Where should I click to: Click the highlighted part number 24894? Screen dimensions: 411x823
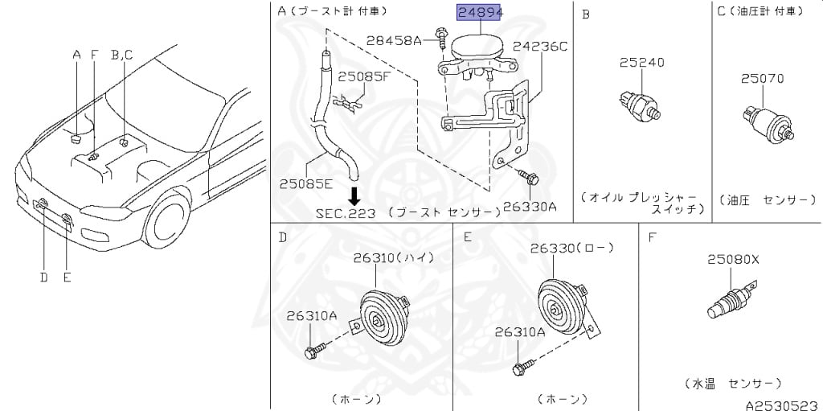click(480, 13)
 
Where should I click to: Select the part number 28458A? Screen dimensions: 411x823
click(394, 39)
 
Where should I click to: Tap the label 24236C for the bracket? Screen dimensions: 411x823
click(540, 47)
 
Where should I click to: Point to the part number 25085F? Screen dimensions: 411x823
click(362, 77)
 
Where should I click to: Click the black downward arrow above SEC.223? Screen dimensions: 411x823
click(354, 195)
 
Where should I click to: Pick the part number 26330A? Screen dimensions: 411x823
click(530, 206)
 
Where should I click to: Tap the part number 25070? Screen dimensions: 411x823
click(762, 79)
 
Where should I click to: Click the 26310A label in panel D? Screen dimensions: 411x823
click(311, 316)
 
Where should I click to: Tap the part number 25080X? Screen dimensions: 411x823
click(733, 259)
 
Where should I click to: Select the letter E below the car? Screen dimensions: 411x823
click(68, 277)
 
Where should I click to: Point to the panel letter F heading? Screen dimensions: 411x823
click(652, 236)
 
